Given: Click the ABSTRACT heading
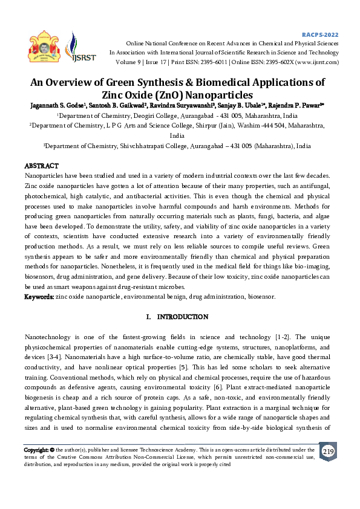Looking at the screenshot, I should (41, 166).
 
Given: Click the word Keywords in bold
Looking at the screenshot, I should (39, 297).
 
